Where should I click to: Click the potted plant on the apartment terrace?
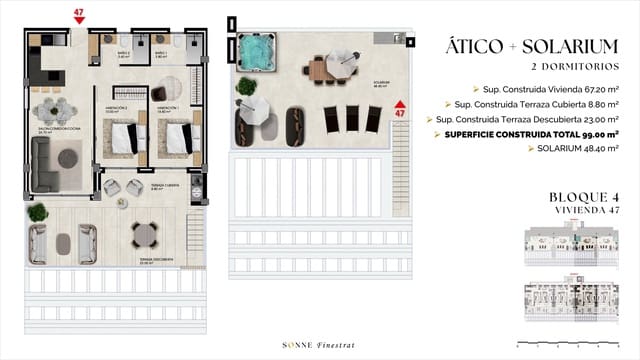[x=38, y=212]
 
